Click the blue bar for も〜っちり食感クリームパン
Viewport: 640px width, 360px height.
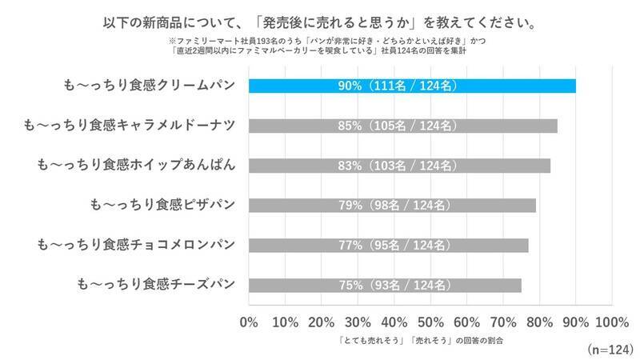412,86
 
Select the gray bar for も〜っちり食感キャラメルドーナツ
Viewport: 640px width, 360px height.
403,126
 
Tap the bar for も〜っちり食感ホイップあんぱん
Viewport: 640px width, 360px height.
399,166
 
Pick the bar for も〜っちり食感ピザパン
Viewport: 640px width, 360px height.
392,206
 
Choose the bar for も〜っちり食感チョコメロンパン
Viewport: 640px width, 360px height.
388,245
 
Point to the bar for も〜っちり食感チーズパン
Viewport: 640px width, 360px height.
385,285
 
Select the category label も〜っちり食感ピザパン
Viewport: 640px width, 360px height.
163,205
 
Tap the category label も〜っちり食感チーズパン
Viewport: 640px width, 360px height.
156,284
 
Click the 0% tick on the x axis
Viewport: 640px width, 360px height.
249,322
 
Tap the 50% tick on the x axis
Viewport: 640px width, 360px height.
430,322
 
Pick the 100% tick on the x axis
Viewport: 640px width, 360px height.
612,322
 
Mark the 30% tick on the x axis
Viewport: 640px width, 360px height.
358,322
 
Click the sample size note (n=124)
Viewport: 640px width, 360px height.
610,350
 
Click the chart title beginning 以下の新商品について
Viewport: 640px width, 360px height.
320,17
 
